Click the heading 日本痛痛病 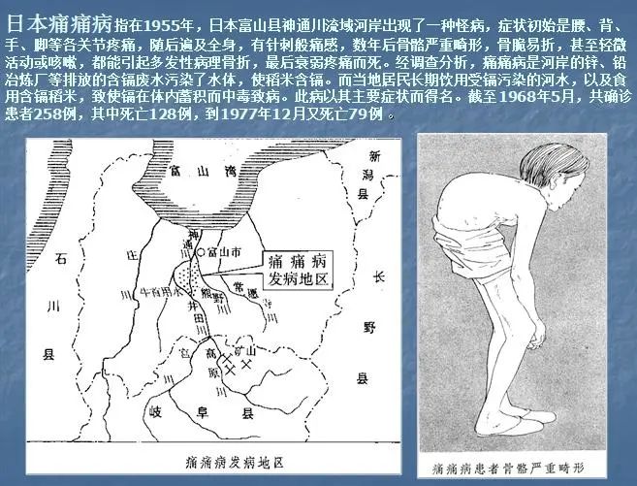(60, 20)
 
